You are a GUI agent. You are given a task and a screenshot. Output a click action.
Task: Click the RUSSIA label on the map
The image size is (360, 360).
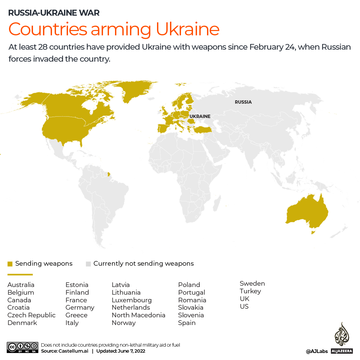point(243,102)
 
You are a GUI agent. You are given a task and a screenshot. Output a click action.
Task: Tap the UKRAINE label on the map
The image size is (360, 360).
point(200,116)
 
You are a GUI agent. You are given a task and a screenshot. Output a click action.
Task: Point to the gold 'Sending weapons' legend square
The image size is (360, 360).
point(10,264)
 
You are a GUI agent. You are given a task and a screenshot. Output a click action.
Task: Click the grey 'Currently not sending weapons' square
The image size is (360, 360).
point(88,264)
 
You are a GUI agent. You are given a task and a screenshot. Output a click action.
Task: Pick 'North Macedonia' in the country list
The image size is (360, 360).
point(138,315)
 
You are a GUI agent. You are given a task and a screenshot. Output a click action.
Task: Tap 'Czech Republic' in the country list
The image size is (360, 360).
point(31,315)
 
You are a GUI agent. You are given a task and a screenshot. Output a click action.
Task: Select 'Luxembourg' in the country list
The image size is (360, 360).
point(132,300)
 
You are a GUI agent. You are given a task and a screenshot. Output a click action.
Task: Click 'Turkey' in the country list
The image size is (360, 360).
point(250,291)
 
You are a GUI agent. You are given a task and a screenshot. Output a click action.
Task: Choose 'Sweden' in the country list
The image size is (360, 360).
point(252,283)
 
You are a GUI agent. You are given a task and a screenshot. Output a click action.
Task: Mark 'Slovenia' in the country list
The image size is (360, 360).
point(191,315)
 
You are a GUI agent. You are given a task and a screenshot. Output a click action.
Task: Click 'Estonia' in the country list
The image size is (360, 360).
point(77,285)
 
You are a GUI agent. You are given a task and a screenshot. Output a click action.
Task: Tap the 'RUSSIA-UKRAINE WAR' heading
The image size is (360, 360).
point(54,13)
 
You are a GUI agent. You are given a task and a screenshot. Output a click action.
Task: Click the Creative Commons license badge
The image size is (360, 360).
point(22,347)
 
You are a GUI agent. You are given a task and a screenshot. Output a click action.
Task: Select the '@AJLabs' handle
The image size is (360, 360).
point(317,351)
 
